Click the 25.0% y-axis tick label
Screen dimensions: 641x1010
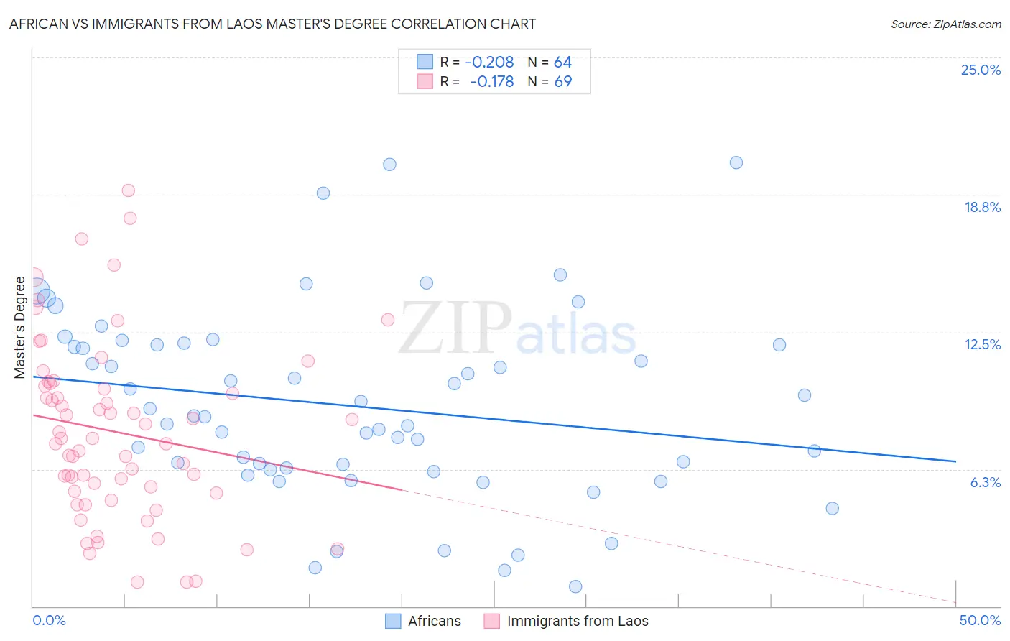(x=981, y=70)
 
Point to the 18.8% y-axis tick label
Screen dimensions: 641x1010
(x=982, y=207)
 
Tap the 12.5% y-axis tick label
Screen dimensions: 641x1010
(x=982, y=344)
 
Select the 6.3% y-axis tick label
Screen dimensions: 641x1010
(x=985, y=482)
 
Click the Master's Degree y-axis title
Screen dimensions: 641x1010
(x=19, y=327)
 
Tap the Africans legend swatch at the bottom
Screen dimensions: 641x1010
(x=393, y=621)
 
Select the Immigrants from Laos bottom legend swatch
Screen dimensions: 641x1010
(x=491, y=621)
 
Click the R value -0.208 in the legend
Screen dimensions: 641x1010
(x=489, y=63)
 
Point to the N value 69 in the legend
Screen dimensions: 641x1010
(x=562, y=82)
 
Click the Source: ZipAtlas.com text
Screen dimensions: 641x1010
(x=945, y=24)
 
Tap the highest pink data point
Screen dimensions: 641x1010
(x=129, y=190)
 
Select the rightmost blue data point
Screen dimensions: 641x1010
(x=832, y=508)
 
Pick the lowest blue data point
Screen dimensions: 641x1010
(x=575, y=586)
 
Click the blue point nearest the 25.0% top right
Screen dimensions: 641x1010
(x=736, y=162)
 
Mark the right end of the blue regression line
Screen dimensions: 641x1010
(x=955, y=461)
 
